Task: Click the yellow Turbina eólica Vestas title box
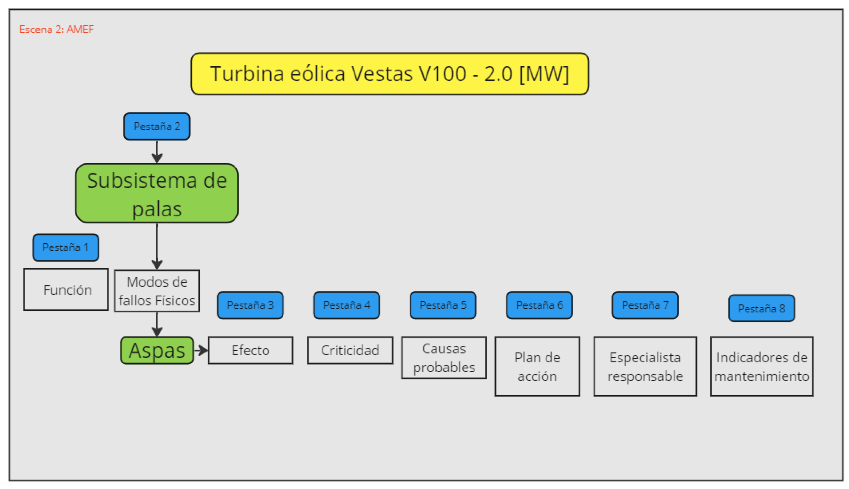pos(389,73)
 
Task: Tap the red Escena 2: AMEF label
pos(56,29)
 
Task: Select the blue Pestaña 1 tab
pos(66,248)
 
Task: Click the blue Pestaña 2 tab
pos(157,126)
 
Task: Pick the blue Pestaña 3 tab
pos(250,305)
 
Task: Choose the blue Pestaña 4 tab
pos(347,305)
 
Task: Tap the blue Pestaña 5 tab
pos(443,305)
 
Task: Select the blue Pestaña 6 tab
pos(539,305)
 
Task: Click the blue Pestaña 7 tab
pos(645,305)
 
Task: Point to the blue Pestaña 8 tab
pos(761,308)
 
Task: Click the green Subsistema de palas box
pos(157,193)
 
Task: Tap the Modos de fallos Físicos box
pos(157,291)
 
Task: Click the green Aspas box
pos(157,350)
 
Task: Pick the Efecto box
pos(251,350)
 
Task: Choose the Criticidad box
pos(350,350)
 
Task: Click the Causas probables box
pos(444,358)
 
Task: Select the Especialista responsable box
pos(645,366)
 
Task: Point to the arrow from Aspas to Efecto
pos(201,350)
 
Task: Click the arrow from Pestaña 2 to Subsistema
pos(157,151)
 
